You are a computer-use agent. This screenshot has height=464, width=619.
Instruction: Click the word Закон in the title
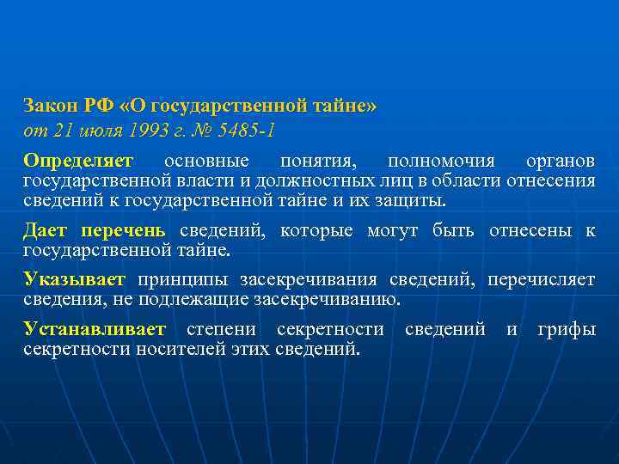pyautogui.click(x=50, y=107)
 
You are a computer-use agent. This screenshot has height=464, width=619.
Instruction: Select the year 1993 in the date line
pyautogui.click(x=144, y=131)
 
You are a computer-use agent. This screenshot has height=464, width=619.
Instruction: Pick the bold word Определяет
pyautogui.click(x=78, y=162)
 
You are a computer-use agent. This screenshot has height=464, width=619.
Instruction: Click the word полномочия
pyautogui.click(x=440, y=162)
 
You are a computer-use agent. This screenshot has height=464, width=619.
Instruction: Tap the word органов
pyautogui.click(x=560, y=162)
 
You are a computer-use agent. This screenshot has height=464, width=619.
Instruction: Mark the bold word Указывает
pyautogui.click(x=74, y=280)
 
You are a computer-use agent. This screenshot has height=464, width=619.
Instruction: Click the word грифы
pyautogui.click(x=567, y=329)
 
